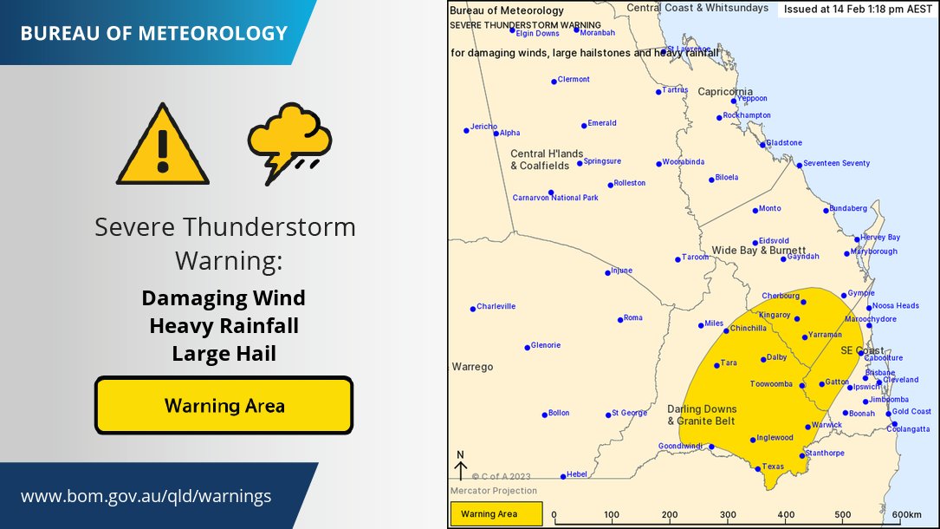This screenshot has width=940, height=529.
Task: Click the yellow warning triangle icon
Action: coord(163,146)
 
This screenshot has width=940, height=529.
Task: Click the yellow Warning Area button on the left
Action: coord(224,405)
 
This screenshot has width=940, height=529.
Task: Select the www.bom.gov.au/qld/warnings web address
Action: coord(146,497)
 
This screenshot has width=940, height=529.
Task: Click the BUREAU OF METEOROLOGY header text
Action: coord(153,34)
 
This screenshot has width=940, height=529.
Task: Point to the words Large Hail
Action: coord(224,354)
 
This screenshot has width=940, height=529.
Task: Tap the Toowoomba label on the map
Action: coord(771,384)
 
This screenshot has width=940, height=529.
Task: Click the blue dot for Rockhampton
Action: coord(719,118)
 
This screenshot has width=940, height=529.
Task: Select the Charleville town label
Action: coord(496,306)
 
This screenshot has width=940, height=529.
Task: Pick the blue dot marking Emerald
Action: coord(584,126)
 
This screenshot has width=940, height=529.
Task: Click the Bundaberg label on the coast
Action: coord(847,209)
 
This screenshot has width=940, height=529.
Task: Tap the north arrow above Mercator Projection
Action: coord(460,467)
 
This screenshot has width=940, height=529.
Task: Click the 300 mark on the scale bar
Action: coord(729,514)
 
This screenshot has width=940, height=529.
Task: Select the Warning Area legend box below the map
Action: coord(496,514)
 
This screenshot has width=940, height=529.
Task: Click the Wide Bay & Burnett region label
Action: coord(759,251)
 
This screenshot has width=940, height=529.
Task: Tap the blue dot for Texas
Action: coord(758,469)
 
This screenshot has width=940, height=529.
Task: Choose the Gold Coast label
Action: coord(912,411)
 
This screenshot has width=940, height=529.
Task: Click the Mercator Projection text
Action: coord(488,491)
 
